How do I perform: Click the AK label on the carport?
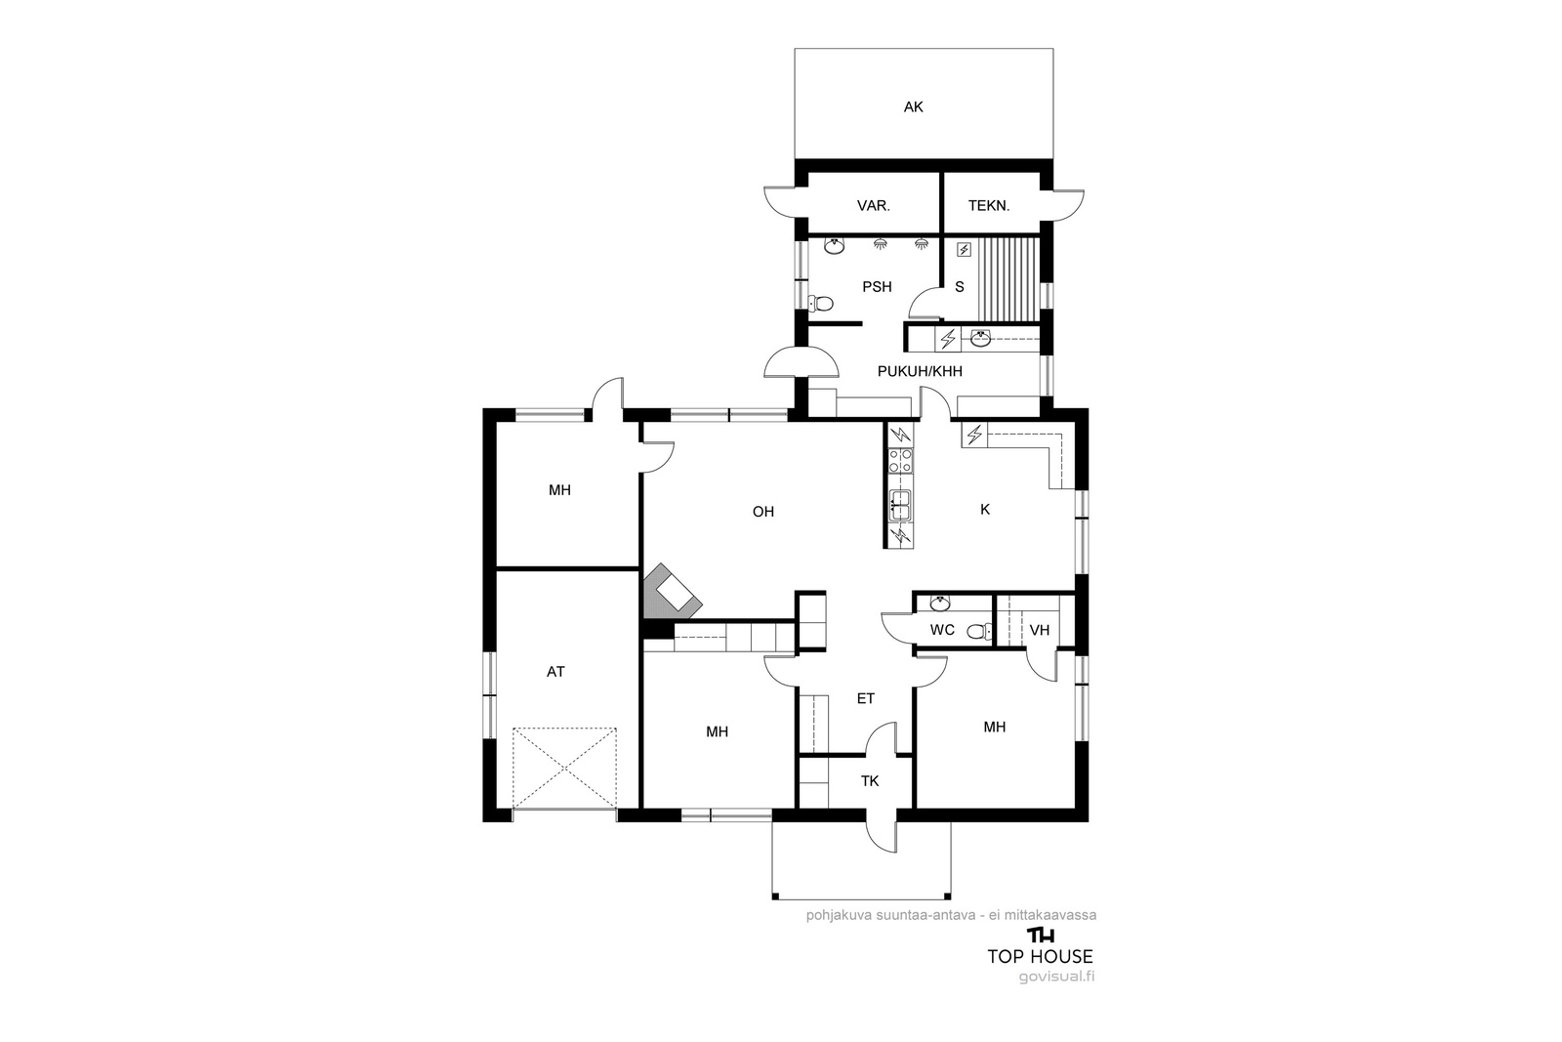pyautogui.click(x=913, y=106)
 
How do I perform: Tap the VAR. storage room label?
pyautogui.click(x=873, y=206)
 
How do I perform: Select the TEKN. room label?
pyautogui.click(x=989, y=206)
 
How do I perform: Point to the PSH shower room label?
pyautogui.click(x=877, y=287)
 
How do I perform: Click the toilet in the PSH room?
pyautogui.click(x=821, y=304)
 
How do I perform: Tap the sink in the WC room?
pyautogui.click(x=940, y=603)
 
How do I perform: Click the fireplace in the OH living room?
pyautogui.click(x=671, y=592)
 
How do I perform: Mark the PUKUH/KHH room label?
pyautogui.click(x=920, y=372)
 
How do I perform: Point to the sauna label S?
pyautogui.click(x=960, y=287)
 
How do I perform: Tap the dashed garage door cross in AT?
pyautogui.click(x=564, y=769)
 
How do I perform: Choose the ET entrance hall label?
pyautogui.click(x=865, y=699)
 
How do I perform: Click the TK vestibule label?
pyautogui.click(x=870, y=781)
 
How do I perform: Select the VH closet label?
pyautogui.click(x=1039, y=631)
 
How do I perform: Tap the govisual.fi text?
pyautogui.click(x=1056, y=977)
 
